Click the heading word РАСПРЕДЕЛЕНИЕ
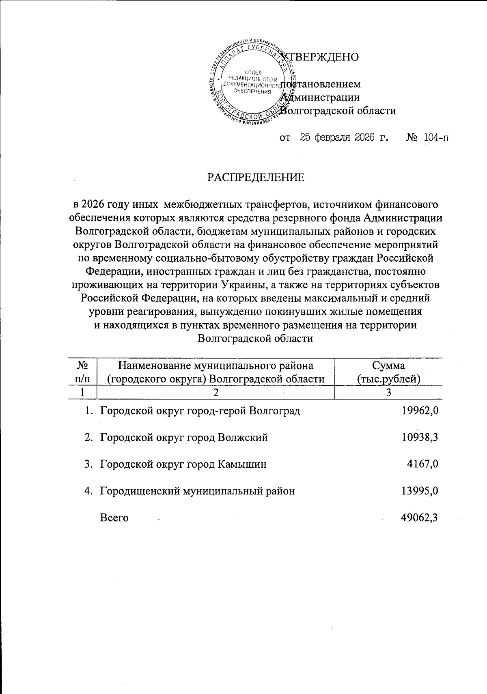coord(256,177)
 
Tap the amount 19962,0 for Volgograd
coord(420,411)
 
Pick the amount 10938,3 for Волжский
coord(420,438)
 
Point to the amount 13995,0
coord(420,491)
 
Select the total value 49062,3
coord(420,518)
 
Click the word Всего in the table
coord(114,518)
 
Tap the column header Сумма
coord(388,365)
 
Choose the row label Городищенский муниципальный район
coord(197,491)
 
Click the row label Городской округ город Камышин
coord(183,464)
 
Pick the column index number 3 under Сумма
coord(388,392)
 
